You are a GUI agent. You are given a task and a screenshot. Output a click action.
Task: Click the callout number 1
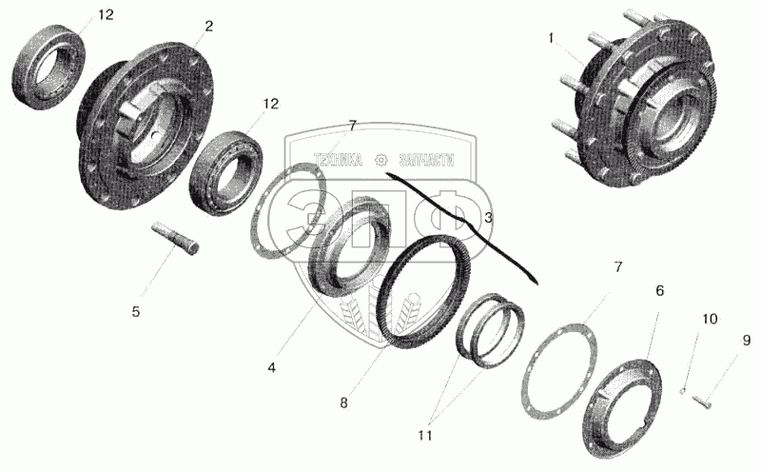tap(551, 38)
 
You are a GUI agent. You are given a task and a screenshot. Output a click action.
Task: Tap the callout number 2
tap(208, 26)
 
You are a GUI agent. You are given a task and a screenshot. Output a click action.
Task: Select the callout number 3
tap(488, 218)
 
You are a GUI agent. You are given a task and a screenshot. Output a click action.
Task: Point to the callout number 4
tap(272, 367)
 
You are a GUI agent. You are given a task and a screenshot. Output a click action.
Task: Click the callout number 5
tap(136, 311)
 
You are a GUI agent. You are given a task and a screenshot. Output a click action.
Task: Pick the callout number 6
tap(659, 290)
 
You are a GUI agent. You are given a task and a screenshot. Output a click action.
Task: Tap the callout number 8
tap(343, 402)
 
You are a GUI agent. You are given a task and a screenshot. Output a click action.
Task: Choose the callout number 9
tap(747, 340)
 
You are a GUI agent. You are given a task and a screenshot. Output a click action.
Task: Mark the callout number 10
tap(710, 319)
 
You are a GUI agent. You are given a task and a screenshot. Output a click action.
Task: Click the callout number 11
tap(425, 436)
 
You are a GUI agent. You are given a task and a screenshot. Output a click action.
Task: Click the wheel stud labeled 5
tap(176, 239)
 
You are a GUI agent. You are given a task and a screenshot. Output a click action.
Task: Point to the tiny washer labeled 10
tap(682, 390)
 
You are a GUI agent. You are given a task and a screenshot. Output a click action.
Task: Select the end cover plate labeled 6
tap(622, 408)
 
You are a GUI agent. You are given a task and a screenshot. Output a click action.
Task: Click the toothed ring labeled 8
tap(420, 291)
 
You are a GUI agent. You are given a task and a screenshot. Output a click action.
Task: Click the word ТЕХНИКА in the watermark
tap(339, 160)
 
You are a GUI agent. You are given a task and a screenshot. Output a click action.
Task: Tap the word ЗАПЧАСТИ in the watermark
tap(427, 160)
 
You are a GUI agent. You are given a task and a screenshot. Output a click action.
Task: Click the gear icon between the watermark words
tap(381, 160)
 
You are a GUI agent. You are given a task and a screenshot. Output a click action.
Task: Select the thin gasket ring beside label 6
tap(559, 370)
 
